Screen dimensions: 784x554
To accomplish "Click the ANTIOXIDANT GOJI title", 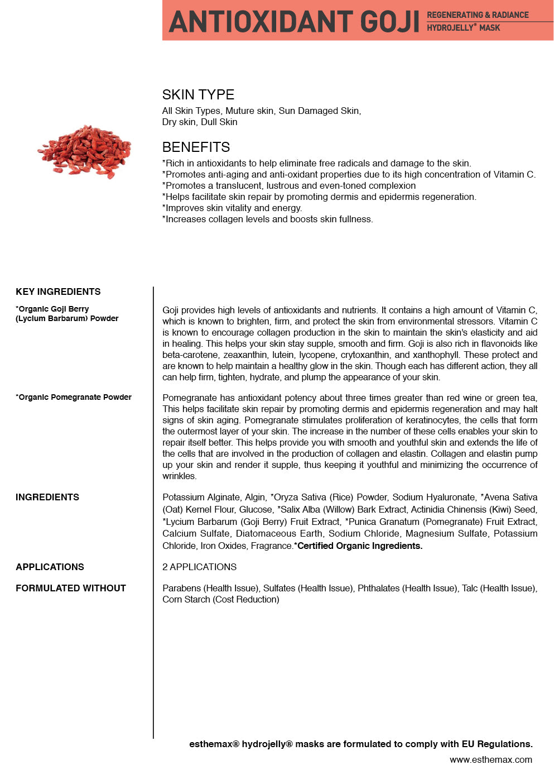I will [294, 21].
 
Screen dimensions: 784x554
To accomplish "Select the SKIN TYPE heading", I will [198, 94].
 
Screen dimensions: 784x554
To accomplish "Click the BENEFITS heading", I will [196, 147].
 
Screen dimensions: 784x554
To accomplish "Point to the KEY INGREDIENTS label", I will [58, 291].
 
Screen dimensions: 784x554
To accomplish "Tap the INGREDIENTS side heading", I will [47, 497].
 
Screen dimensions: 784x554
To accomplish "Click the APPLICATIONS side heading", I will [50, 567].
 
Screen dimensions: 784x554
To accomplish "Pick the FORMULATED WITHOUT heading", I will [71, 588].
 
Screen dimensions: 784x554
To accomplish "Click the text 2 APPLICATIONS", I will [199, 567].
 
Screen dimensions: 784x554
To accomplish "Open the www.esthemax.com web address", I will [491, 759].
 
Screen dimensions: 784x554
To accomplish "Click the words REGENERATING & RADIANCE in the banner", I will [478, 15].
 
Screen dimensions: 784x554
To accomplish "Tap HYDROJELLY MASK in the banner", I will [463, 28].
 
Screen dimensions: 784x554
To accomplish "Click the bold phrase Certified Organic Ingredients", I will [359, 546].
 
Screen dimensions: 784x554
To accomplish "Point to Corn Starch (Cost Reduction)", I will [220, 599].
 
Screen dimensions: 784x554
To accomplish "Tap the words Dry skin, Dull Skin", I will [200, 122].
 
